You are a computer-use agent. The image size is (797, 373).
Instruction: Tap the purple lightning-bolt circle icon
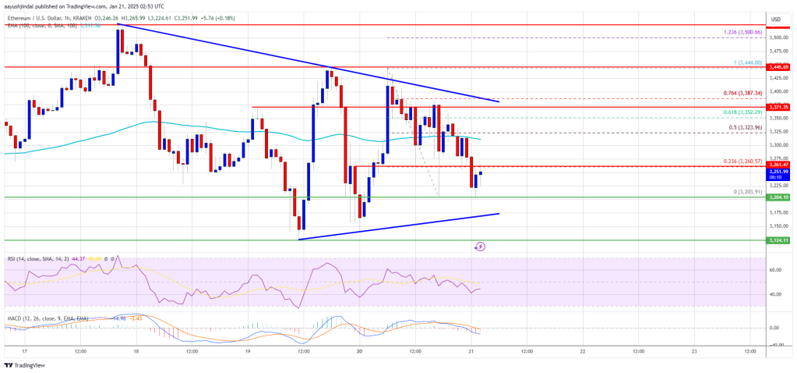pos(480,247)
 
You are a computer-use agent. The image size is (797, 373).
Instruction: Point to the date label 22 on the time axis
pos(582,352)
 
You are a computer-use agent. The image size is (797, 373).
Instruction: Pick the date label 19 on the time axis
pos(249,352)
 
